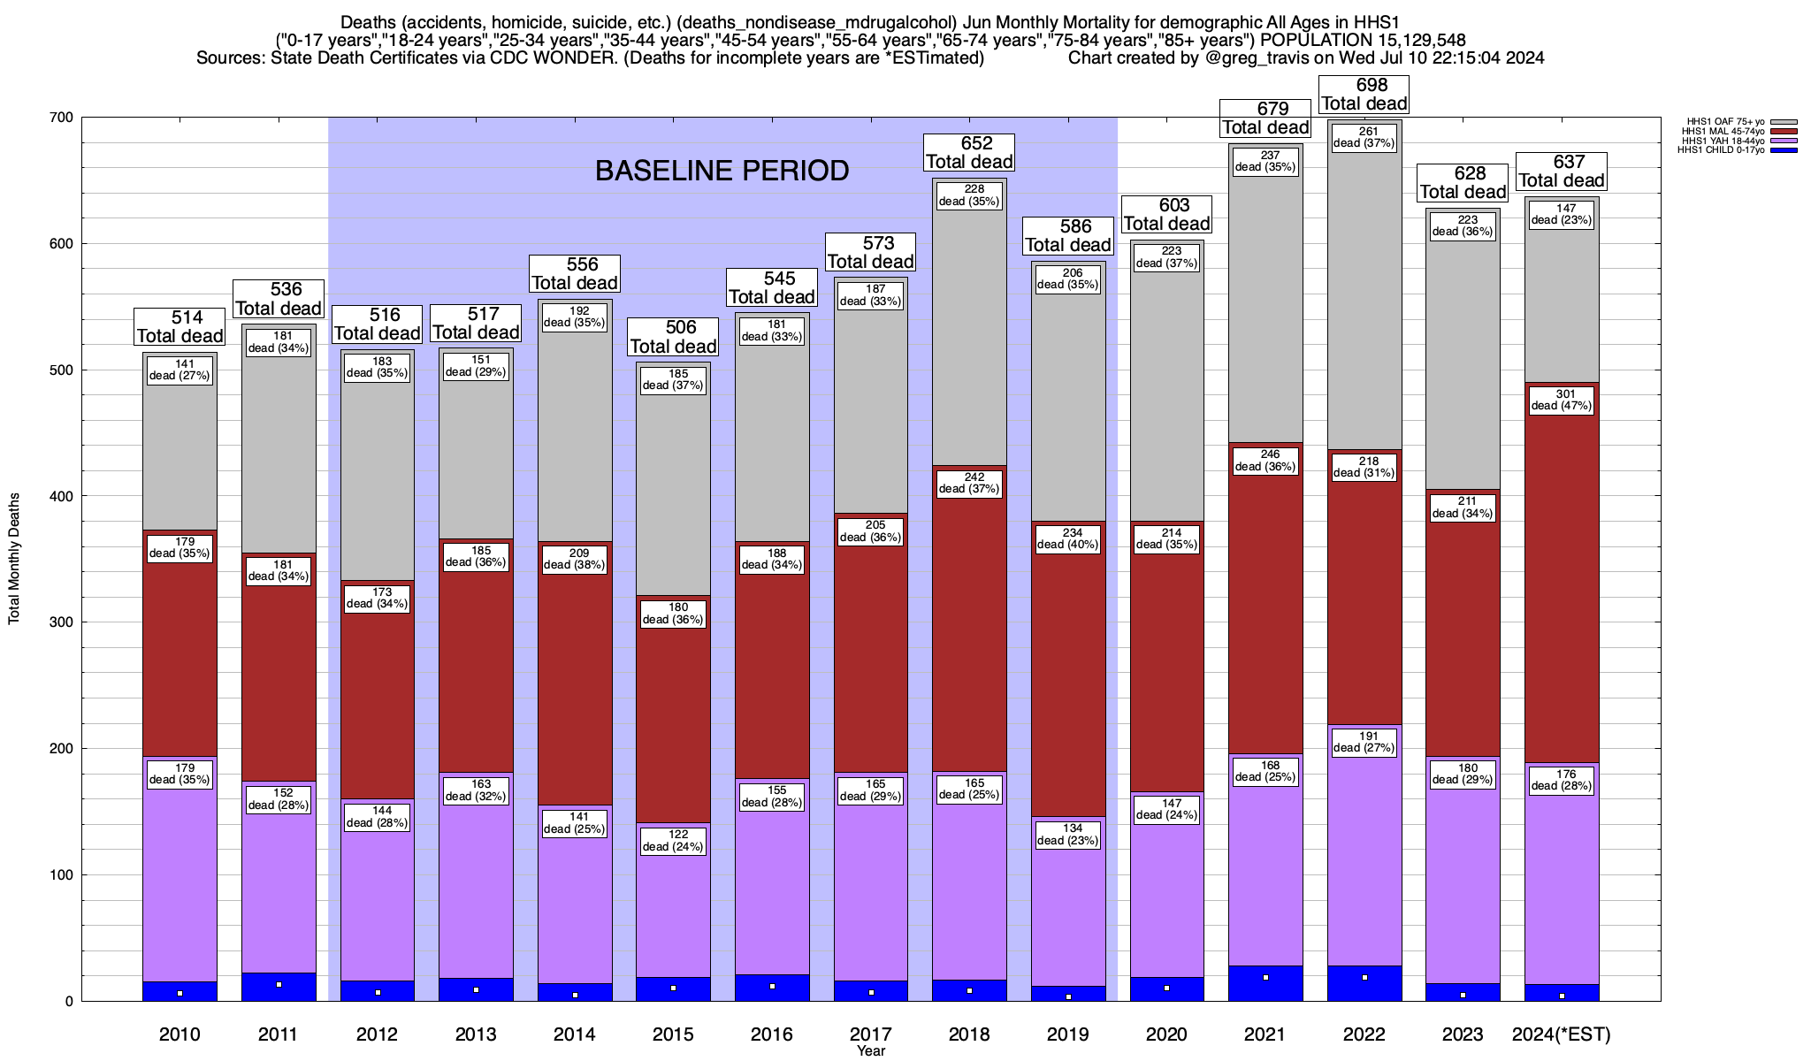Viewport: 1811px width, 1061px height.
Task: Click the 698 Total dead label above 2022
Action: point(1364,95)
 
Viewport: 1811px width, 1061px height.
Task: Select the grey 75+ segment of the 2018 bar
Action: point(969,336)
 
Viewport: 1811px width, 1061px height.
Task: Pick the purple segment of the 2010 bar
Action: point(180,884)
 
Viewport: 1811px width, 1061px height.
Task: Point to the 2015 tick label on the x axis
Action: point(673,1034)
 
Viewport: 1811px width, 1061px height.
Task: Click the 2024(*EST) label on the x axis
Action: point(1562,1034)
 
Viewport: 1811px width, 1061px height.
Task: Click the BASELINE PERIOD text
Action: point(722,171)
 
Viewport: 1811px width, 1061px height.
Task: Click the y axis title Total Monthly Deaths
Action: point(14,559)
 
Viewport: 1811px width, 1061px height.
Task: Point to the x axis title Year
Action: point(870,1051)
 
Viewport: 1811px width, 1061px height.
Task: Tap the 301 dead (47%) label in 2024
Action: point(1561,400)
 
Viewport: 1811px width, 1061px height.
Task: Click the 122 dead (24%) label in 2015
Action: point(673,840)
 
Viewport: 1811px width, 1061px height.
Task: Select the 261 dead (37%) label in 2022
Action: point(1364,137)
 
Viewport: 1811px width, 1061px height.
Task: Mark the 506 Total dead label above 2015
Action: point(673,337)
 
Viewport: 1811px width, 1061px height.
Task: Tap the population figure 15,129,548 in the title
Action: point(1410,41)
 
